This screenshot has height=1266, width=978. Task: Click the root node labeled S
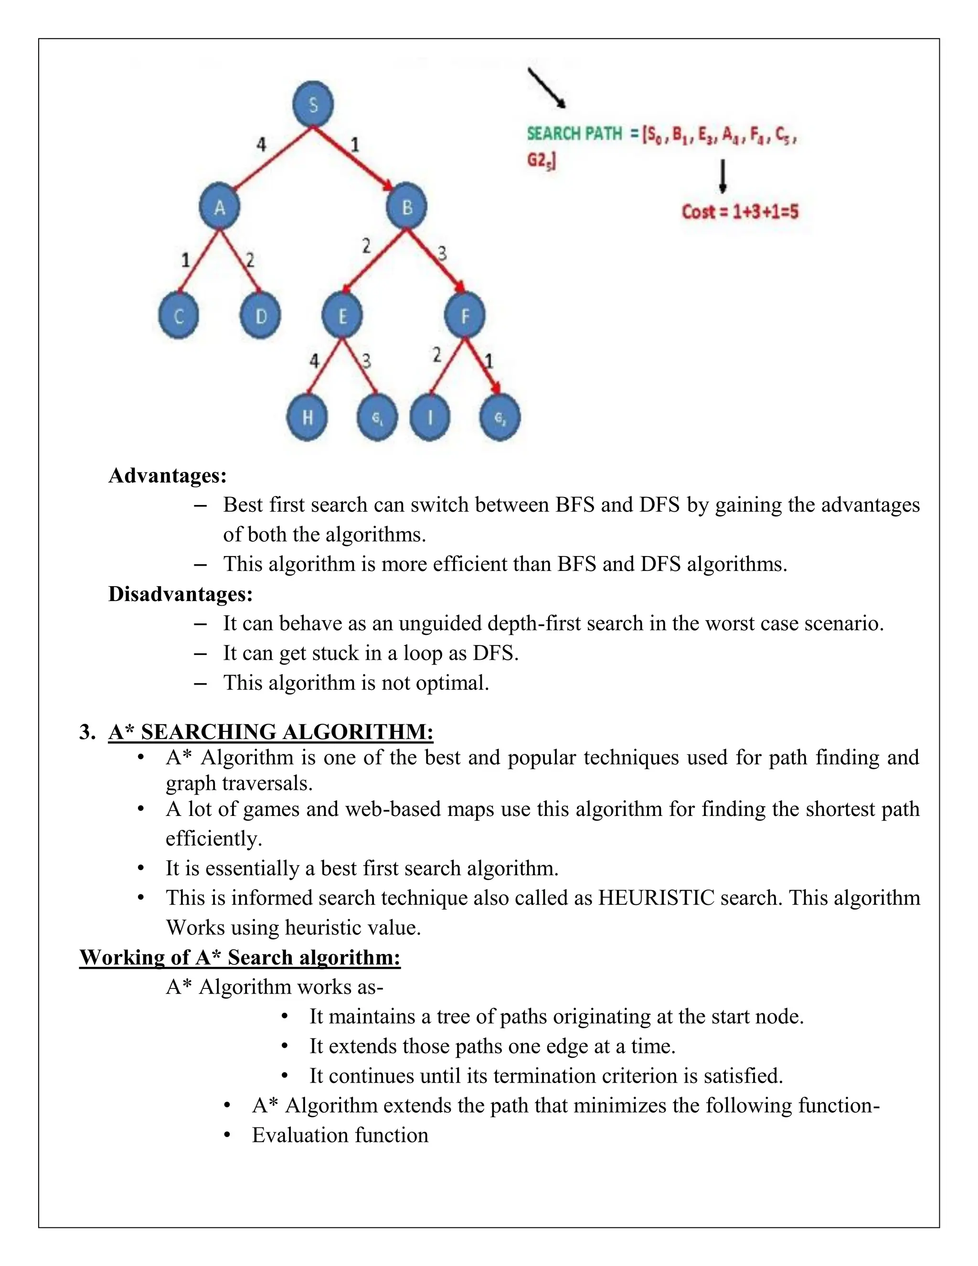[313, 105]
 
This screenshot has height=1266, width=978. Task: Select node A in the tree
[219, 207]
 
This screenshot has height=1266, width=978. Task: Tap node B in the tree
[407, 207]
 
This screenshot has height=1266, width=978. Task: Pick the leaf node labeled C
[179, 316]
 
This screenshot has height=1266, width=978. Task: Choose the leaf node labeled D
[261, 316]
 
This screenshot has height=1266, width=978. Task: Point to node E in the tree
[342, 316]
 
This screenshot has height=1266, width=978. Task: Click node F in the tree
[465, 316]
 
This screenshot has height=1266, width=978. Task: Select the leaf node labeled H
[307, 418]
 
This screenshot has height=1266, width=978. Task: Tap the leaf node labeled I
[430, 418]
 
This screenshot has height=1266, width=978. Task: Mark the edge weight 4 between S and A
[261, 144]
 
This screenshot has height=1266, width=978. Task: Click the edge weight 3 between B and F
[442, 253]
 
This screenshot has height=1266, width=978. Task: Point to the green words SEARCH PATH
[574, 134]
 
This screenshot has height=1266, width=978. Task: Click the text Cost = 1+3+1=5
[740, 212]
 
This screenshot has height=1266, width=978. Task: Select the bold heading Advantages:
[168, 475]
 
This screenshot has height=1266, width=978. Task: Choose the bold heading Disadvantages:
[180, 594]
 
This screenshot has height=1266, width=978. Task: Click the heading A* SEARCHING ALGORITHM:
[271, 732]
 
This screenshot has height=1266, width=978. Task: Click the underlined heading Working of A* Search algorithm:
[240, 957]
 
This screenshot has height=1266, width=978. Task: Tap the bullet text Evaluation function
[340, 1135]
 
